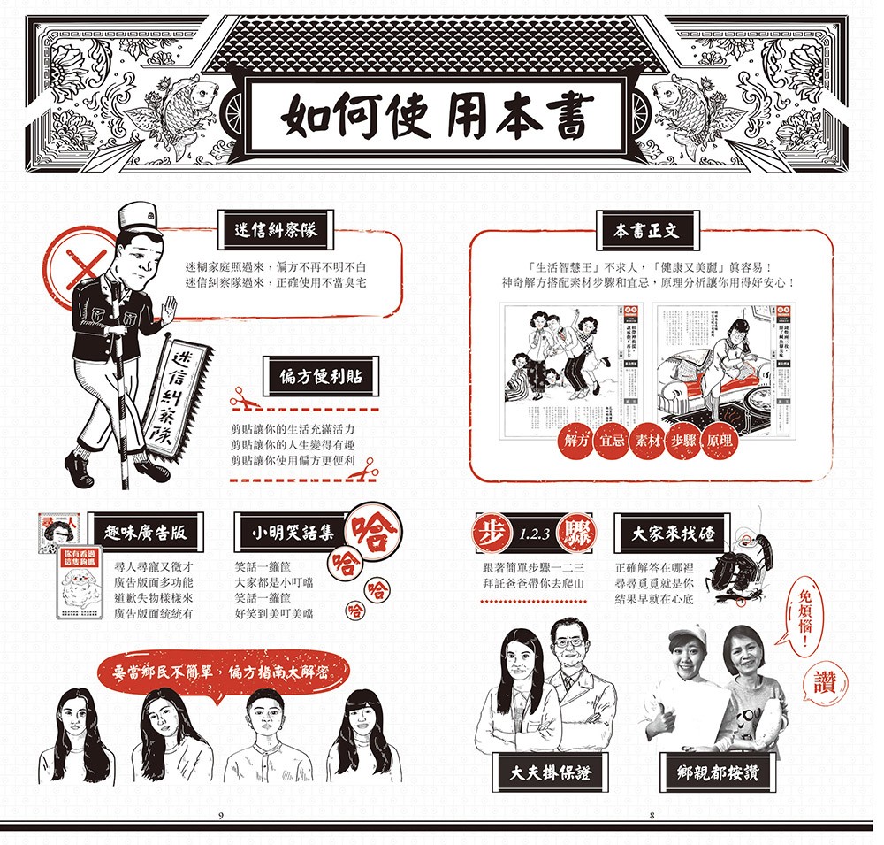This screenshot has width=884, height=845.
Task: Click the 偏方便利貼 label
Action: [316, 377]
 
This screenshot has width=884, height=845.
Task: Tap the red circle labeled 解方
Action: [575, 441]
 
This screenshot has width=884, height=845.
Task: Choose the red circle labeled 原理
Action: [719, 441]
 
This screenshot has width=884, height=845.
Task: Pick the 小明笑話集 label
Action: [292, 534]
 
